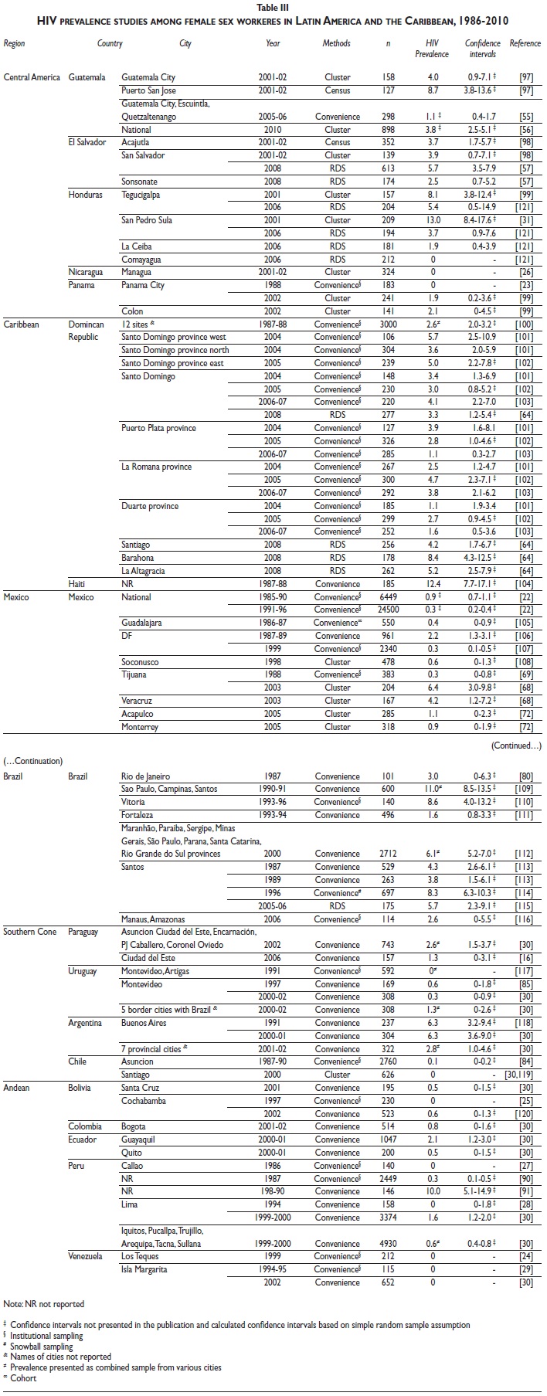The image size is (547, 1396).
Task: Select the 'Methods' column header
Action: (336, 44)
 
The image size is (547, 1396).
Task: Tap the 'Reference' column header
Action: (525, 44)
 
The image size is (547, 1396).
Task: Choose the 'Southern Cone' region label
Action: (30, 932)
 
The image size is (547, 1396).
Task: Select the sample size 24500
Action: (388, 610)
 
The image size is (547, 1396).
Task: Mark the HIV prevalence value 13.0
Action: (433, 220)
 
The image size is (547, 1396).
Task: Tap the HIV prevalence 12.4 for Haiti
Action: (433, 584)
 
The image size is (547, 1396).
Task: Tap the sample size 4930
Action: (388, 1244)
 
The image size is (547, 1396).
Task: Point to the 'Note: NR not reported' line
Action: (44, 1304)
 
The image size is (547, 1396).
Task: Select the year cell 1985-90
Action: (273, 597)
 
